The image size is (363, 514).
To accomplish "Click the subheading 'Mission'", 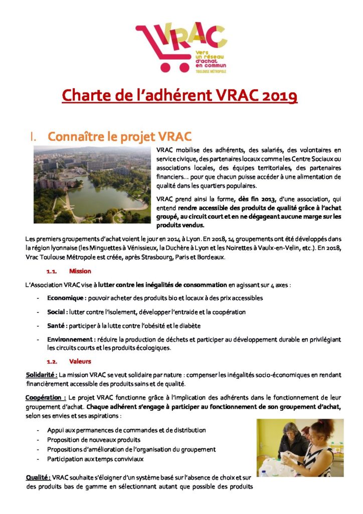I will click(80, 272).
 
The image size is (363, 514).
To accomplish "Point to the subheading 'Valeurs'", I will click(80, 361).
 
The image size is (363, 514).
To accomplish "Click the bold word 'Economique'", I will click(66, 298).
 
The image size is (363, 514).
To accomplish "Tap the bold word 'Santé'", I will click(57, 326).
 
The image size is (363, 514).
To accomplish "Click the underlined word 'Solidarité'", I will click(42, 375).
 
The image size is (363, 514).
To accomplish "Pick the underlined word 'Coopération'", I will click(45, 398).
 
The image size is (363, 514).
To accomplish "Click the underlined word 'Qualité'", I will click(38, 477).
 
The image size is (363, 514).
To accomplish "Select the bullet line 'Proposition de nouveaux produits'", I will click(94, 440).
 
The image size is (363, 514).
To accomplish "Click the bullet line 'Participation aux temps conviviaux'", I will click(95, 459).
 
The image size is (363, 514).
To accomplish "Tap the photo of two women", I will click(300, 448).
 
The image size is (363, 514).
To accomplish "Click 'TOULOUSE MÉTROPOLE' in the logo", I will click(211, 72).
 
